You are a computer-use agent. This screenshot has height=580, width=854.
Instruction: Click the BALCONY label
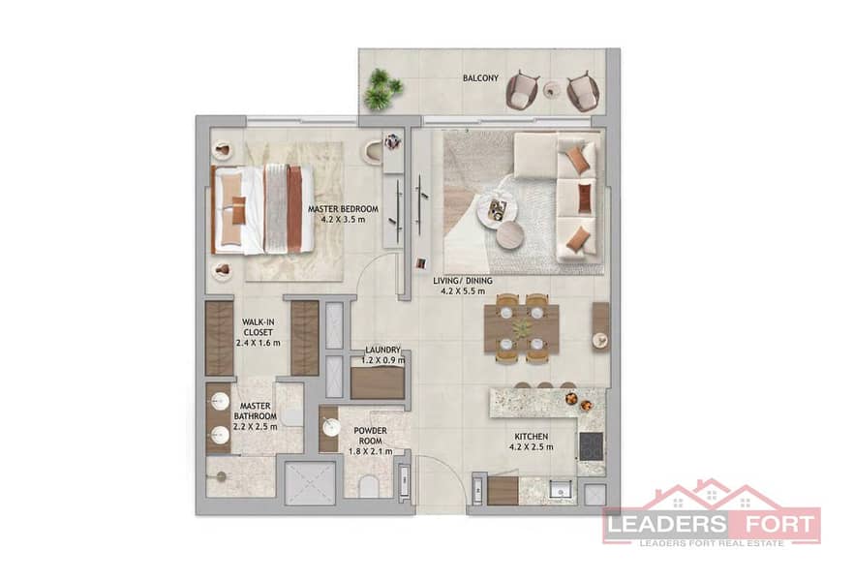pos(480,77)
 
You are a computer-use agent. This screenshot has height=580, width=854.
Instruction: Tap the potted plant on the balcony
pos(382,89)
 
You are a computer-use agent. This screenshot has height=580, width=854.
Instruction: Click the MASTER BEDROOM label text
pos(343,208)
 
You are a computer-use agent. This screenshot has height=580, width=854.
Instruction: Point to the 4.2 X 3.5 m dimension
pos(343,220)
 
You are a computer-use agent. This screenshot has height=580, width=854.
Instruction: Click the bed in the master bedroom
pos(262,210)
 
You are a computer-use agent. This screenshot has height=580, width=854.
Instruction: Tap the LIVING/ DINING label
pos(463,281)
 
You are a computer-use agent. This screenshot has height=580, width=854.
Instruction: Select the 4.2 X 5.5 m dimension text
pos(463,291)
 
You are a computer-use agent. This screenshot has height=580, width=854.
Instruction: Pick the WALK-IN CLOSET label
pos(259,327)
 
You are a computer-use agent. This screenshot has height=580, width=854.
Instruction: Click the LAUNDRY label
pos(382,351)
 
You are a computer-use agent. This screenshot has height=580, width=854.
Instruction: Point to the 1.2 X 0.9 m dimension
pos(382,360)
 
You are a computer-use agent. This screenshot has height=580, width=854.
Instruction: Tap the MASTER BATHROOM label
pos(256,412)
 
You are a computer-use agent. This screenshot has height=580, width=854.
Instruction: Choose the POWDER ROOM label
pos(370,436)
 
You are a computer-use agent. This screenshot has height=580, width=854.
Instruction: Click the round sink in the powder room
pos(331,427)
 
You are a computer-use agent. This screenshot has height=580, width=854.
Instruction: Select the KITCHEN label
pos(532,437)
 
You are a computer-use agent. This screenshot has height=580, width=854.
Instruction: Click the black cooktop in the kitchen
pos(591,446)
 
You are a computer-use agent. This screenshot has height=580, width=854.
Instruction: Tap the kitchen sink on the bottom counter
pos(559,491)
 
